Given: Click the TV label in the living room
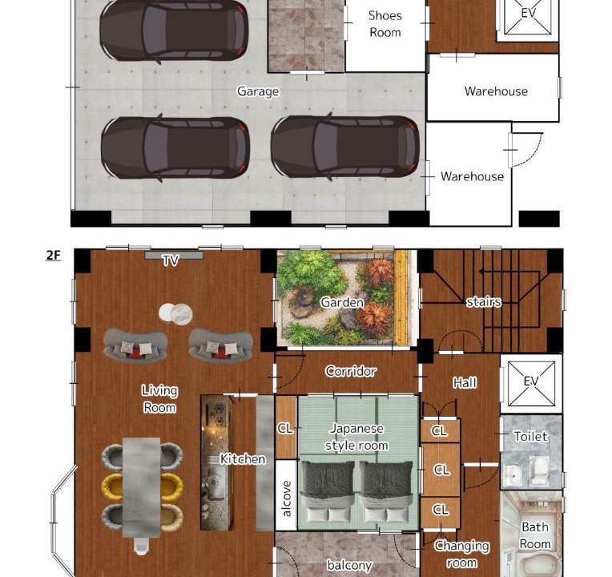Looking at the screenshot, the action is point(171,260).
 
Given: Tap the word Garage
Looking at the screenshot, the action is point(258,91).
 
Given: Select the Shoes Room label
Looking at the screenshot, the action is point(385,24).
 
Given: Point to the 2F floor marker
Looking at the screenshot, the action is point(54,256).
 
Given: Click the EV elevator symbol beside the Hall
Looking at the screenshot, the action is point(532,384).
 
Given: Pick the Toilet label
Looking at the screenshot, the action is point(531,436).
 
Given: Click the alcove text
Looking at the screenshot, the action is point(287,499).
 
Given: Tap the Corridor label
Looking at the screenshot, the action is point(351,371).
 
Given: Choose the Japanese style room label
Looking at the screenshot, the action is point(356,437).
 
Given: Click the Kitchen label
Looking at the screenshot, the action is point(243,458).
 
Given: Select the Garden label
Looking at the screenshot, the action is point(342,302).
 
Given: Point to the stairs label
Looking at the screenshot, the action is point(484,302).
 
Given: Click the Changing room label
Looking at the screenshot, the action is point(461,554).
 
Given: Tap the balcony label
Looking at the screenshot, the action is point(349,565).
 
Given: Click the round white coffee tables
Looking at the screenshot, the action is point(175,313).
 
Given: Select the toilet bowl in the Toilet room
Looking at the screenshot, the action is point(540,468).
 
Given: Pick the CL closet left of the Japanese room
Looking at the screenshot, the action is point(286,428).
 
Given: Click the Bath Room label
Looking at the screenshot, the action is point(535,535).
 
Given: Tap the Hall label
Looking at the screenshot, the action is point(465,382).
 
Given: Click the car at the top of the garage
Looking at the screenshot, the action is point(174,30).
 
